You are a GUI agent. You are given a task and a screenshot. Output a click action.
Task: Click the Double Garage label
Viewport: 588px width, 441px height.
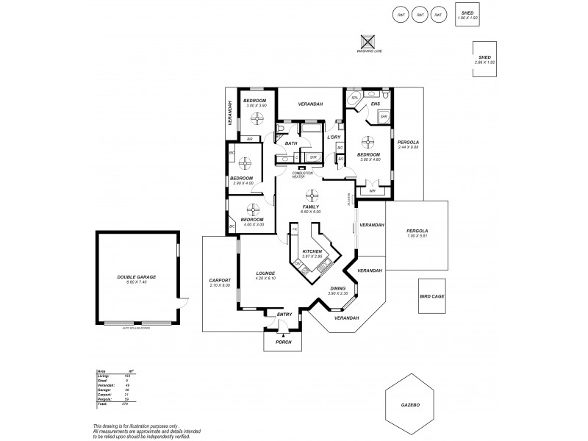136,276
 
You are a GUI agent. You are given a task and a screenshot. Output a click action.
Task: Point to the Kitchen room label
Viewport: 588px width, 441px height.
312,251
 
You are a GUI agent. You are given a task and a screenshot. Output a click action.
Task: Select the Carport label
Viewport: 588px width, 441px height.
220,280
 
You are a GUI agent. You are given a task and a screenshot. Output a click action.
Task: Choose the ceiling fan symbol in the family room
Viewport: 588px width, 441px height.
312,195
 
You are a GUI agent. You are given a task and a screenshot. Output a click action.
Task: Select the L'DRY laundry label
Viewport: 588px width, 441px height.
333,137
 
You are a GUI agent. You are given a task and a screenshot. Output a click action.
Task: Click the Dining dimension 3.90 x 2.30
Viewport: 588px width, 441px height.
337,293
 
